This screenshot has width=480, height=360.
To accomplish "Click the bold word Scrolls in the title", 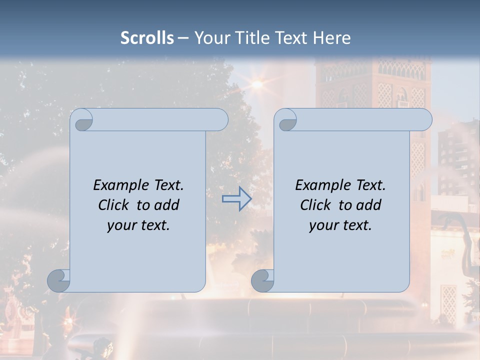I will coord(147,38).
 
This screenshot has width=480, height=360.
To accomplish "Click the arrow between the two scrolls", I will coord(236,199).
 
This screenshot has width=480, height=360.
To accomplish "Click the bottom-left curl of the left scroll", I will coord(59,280).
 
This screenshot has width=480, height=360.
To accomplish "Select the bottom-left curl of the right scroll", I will coord(262,280).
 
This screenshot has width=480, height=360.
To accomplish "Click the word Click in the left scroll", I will coord(114,205).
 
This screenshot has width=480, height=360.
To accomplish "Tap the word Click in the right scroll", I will coord(315,205).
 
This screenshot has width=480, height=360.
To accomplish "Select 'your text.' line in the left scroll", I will coord(138,225).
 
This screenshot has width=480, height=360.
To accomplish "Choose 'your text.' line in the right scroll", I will coord(340,225).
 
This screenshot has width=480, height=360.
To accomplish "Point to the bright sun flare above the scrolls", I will coord(257,84).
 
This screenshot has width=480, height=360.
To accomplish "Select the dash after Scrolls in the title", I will coord(183,38).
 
